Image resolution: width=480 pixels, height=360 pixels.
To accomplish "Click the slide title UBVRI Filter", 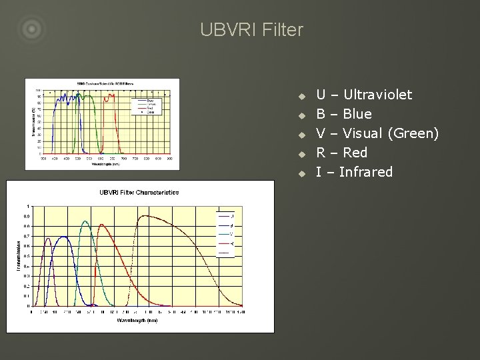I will point(251,30).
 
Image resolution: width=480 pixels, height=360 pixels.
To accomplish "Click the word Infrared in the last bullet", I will point(366,172).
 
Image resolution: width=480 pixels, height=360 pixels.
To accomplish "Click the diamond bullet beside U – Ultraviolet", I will point(301,95).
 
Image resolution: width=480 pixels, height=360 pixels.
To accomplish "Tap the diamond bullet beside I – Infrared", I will point(301,173).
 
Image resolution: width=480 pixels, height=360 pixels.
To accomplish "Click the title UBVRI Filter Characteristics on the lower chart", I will point(139,192).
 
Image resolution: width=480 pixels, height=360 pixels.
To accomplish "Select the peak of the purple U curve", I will point(47,238).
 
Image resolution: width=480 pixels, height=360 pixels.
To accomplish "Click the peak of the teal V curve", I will point(85,221).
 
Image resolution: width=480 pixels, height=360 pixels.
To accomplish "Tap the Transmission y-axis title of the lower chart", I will point(19,256).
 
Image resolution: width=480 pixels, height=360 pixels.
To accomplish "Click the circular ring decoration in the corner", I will point(32,29).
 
